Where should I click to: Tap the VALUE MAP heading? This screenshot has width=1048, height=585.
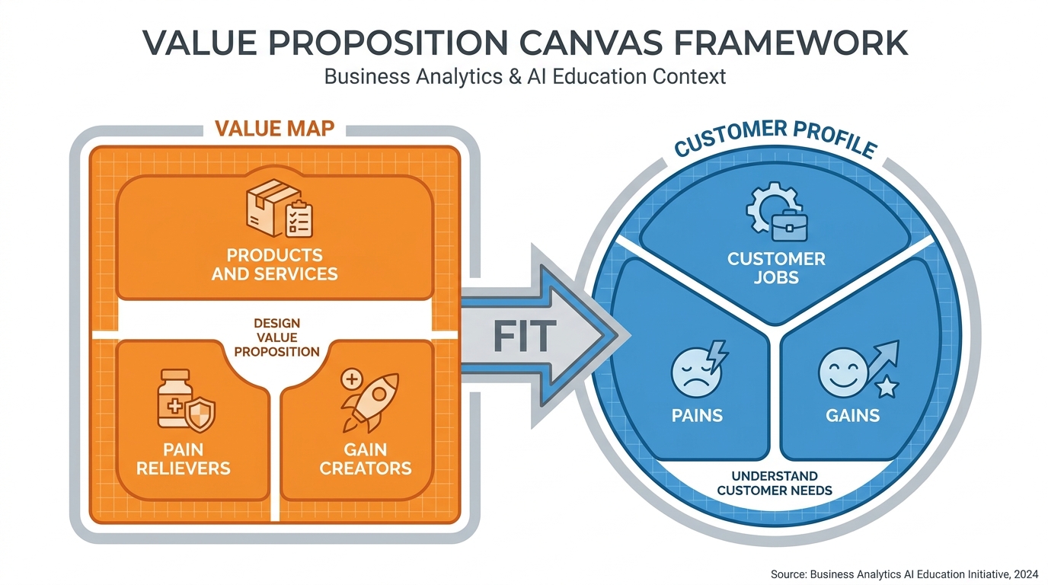pyautogui.click(x=274, y=128)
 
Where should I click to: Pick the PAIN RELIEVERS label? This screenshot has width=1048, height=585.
pyautogui.click(x=184, y=459)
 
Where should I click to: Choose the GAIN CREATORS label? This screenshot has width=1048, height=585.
pyautogui.click(x=365, y=459)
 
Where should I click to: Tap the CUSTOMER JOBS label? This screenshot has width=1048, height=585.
pyautogui.click(x=776, y=267)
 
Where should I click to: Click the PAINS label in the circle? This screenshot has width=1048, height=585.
pyautogui.click(x=697, y=416)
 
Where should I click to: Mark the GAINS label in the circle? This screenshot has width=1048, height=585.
pyautogui.click(x=852, y=416)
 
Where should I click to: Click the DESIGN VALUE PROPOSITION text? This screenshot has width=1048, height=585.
pyautogui.click(x=276, y=337)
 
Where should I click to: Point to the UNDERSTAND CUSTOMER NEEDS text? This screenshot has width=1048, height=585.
pyautogui.click(x=775, y=483)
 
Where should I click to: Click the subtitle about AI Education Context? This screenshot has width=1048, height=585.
pyautogui.click(x=525, y=77)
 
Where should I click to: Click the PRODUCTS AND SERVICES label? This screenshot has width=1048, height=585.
pyautogui.click(x=274, y=264)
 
